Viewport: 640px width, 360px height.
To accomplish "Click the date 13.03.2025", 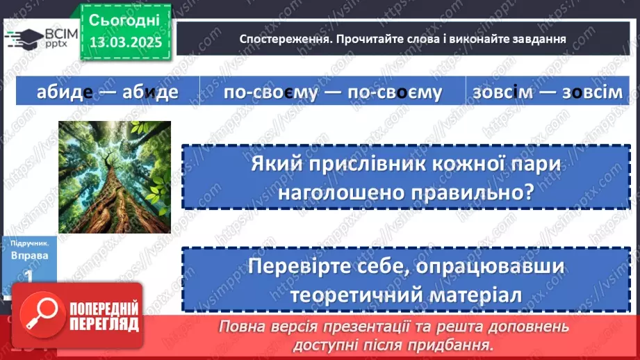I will (125, 42).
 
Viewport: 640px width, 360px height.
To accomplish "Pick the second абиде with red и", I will (150, 91).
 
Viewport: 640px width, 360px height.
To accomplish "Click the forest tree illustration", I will (115, 177).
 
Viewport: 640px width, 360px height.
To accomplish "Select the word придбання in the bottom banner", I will (446, 344).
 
